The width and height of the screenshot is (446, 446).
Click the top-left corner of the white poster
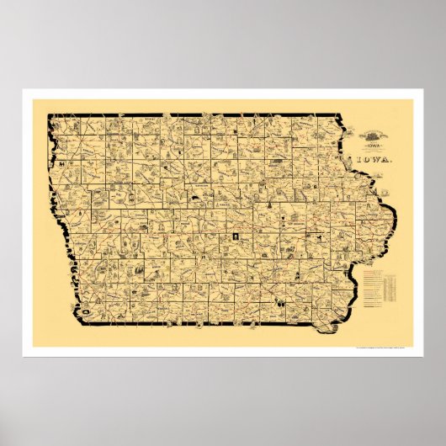[24, 89]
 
